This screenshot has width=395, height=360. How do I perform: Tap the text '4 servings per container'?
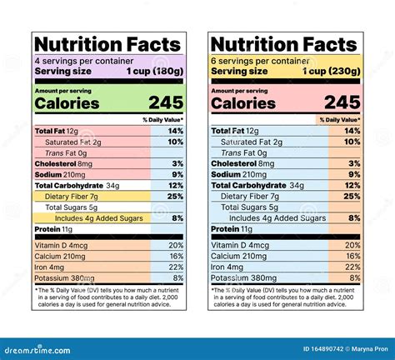point(77,61)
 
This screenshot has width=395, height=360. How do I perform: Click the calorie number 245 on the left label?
point(166,102)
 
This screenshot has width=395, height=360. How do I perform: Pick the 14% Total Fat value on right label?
point(351,131)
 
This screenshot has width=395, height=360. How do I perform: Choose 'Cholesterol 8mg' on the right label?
point(247,163)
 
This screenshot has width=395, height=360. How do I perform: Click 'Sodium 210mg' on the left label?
point(62,174)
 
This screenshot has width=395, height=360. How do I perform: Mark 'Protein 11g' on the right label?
point(232,228)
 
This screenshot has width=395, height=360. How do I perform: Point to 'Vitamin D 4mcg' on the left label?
point(62,245)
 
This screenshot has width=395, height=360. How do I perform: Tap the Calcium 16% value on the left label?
point(175,256)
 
